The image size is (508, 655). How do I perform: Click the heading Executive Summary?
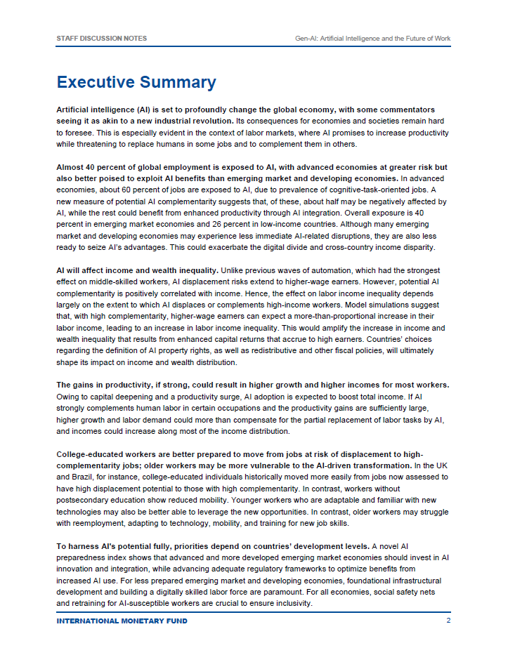(136, 82)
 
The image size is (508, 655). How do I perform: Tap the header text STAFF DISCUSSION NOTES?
(101, 38)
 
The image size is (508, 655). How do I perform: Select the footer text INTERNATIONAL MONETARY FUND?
(122, 621)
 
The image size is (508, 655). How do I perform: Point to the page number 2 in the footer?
(448, 621)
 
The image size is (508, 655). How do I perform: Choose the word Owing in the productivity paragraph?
(67, 397)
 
